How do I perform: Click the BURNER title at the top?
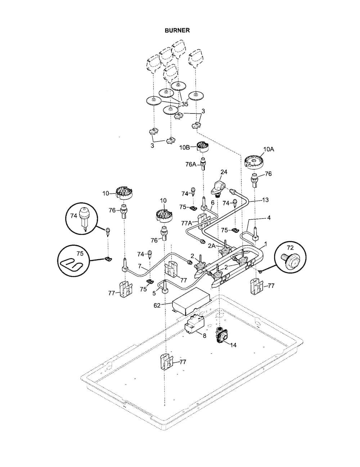click(177, 31)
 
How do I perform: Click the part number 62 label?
click(157, 305)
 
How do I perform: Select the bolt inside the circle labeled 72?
click(290, 260)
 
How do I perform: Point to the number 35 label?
click(185, 104)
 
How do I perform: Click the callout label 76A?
click(191, 165)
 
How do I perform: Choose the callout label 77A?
click(186, 223)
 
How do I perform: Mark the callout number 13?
click(265, 200)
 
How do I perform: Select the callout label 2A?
click(211, 246)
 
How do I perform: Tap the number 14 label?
click(233, 345)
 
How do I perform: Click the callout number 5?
click(154, 293)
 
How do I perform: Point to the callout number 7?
click(140, 266)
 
